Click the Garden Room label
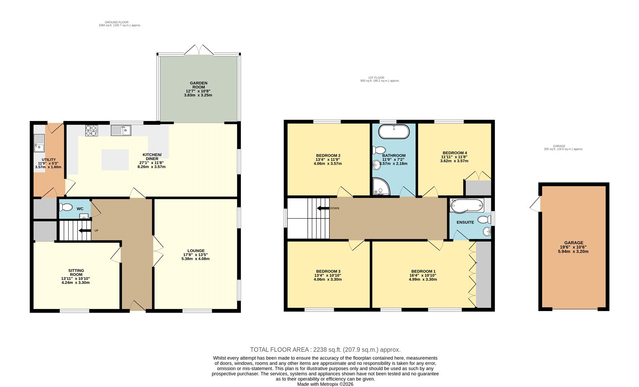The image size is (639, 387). pyautogui.click(x=198, y=85)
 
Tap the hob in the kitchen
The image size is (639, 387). pyautogui.click(x=91, y=131)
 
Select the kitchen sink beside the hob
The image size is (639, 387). pyautogui.click(x=121, y=130)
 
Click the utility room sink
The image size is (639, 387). pyautogui.click(x=39, y=143)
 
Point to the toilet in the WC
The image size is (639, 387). pyautogui.click(x=66, y=207)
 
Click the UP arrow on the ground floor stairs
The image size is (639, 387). pyautogui.click(x=85, y=230)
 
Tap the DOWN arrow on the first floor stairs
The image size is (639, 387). pyautogui.click(x=323, y=208)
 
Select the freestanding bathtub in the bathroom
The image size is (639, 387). pyautogui.click(x=394, y=131)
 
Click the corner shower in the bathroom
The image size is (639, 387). pyautogui.click(x=381, y=187)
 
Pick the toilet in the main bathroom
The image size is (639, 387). pyautogui.click(x=379, y=150)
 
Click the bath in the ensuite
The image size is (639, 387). pyautogui.click(x=467, y=205)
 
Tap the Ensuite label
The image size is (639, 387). pyautogui.click(x=465, y=222)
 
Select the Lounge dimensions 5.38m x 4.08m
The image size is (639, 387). pyautogui.click(x=196, y=259)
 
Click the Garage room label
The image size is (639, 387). pyautogui.click(x=574, y=243)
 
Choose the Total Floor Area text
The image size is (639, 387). pyautogui.click(x=325, y=349)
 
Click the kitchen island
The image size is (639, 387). pyautogui.click(x=115, y=160)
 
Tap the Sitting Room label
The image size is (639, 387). pyautogui.click(x=76, y=272)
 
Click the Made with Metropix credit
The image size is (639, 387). pyautogui.click(x=325, y=384)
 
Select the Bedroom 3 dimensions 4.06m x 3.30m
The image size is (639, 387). pyautogui.click(x=327, y=280)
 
